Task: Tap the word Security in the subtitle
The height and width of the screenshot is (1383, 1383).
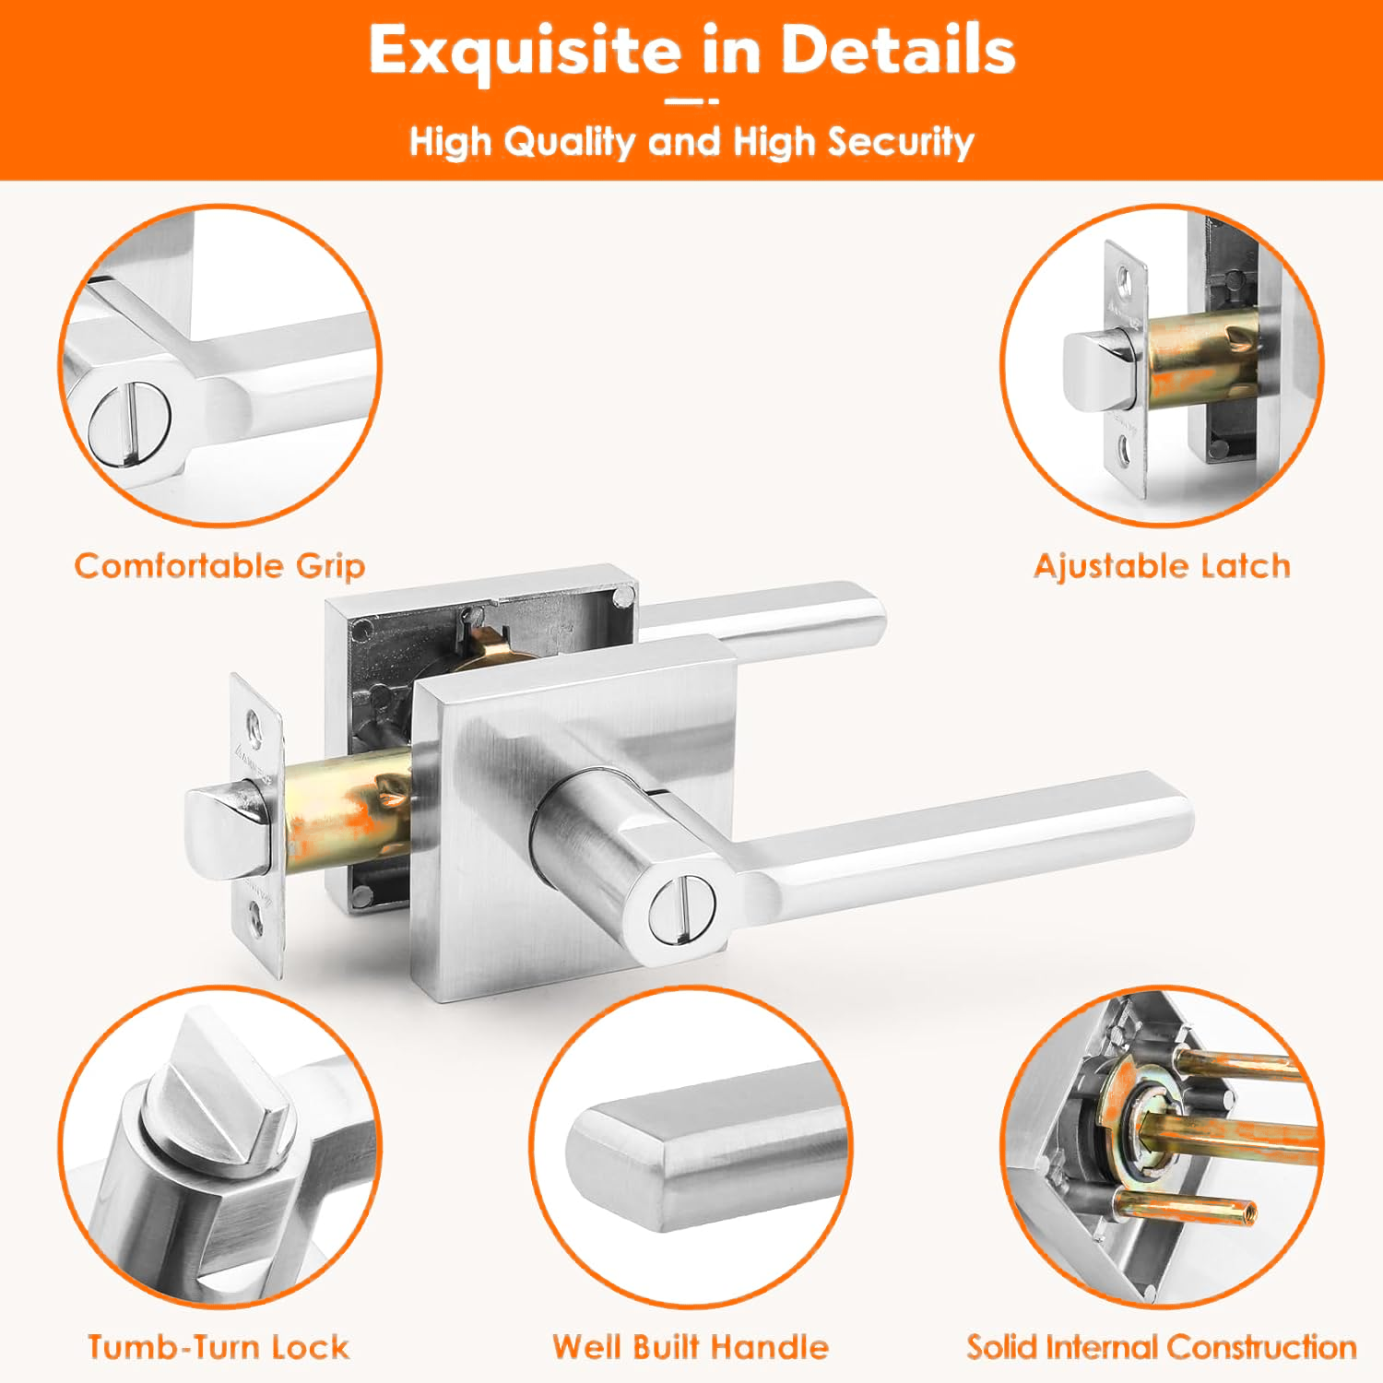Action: click(x=900, y=142)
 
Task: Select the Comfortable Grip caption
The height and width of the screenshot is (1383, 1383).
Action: click(x=219, y=566)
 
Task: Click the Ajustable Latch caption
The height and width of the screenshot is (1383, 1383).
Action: click(x=1162, y=565)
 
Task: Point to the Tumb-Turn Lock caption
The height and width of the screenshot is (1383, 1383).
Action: click(x=219, y=1347)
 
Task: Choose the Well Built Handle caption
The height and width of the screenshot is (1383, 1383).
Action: click(x=691, y=1347)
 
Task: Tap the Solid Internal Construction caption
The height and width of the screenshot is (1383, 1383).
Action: click(x=1162, y=1347)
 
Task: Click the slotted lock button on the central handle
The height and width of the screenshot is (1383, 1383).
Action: click(x=681, y=910)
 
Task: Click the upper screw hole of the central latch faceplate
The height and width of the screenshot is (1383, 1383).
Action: click(x=254, y=720)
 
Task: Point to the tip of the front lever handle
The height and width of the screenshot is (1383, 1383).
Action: click(x=1180, y=811)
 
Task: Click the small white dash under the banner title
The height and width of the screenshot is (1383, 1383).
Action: click(x=691, y=101)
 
